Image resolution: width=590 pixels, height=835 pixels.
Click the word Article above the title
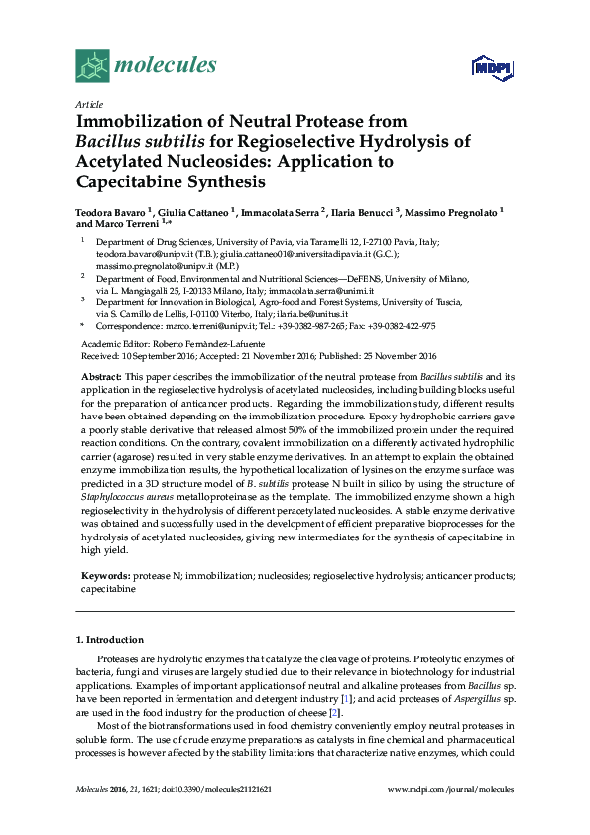pyautogui.click(x=89, y=104)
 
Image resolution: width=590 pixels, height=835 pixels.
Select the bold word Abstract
pyautogui.click(x=100, y=378)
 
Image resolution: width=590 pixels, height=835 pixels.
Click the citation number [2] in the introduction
pyautogui.click(x=336, y=713)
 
